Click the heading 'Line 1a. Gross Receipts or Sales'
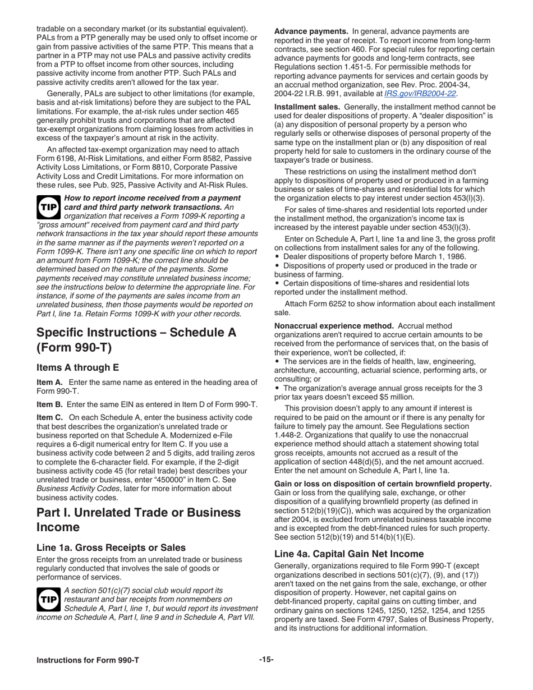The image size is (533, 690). point(111,548)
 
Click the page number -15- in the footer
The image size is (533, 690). point(266,660)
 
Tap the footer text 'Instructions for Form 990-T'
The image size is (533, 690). point(88,660)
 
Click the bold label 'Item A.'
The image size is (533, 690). point(50,383)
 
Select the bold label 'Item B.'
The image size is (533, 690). point(50,404)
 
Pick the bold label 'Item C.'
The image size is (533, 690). point(50,417)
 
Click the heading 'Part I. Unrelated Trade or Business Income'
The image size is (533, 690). point(139,520)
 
